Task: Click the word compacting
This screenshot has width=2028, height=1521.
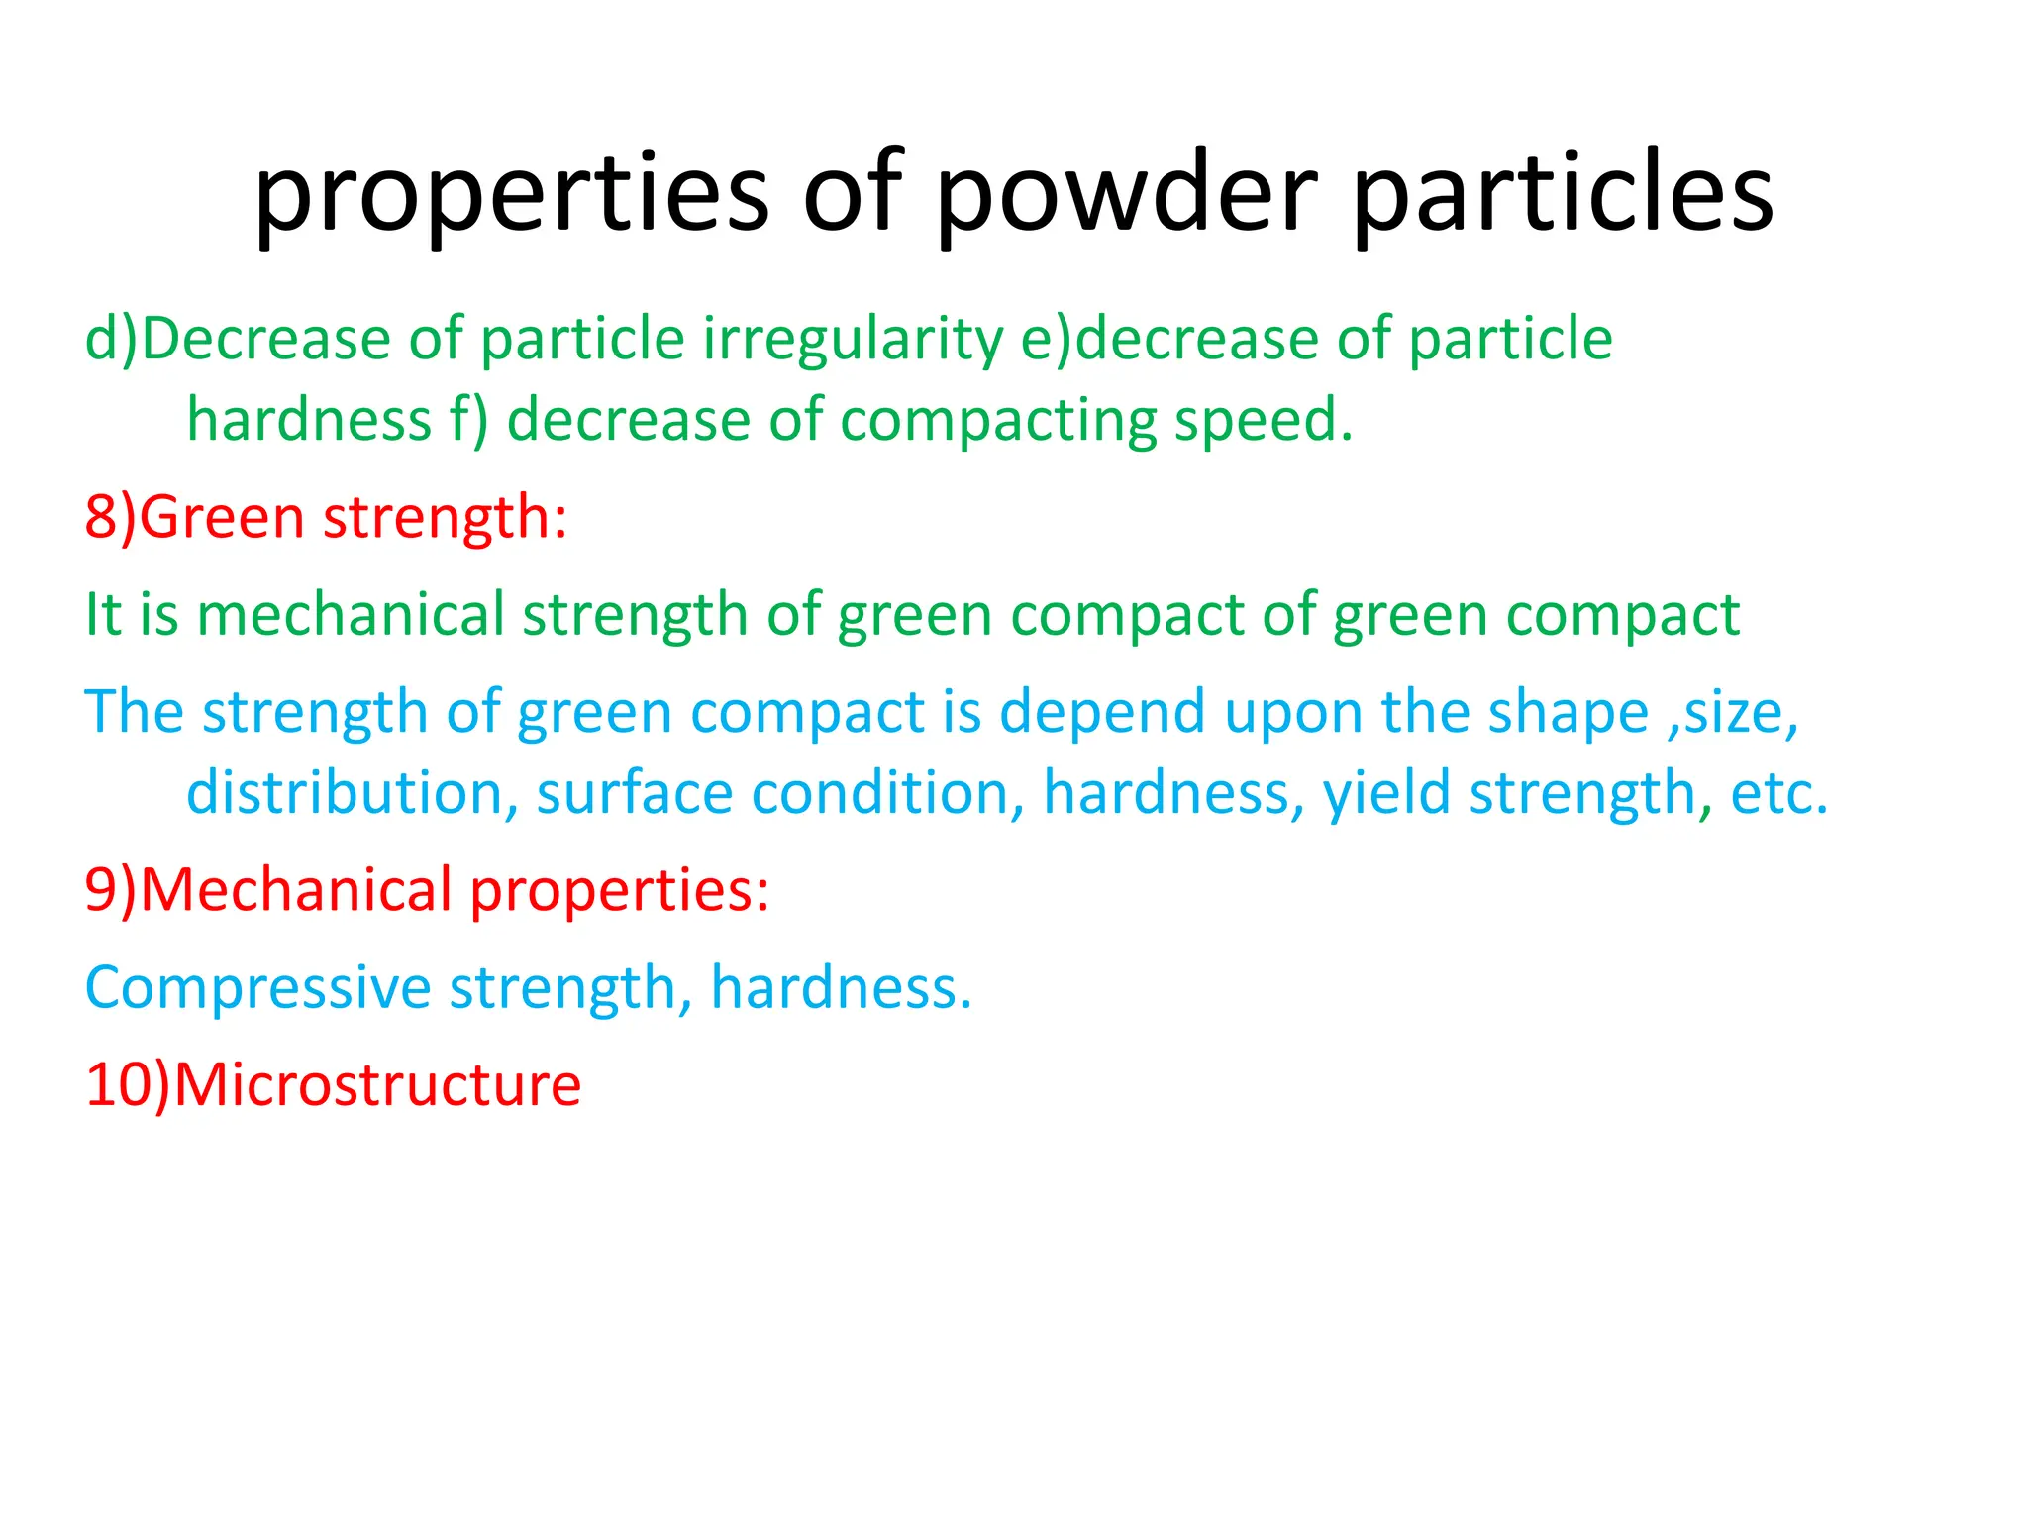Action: (998, 421)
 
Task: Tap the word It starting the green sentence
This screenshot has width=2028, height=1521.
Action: (103, 614)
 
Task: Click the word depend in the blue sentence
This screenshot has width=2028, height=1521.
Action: (1101, 712)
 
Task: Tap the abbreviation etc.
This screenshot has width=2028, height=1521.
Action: (1777, 793)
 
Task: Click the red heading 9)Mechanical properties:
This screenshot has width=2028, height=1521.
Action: (427, 890)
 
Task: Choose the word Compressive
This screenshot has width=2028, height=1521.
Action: (258, 988)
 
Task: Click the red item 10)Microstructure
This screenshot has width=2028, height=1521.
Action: (334, 1084)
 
